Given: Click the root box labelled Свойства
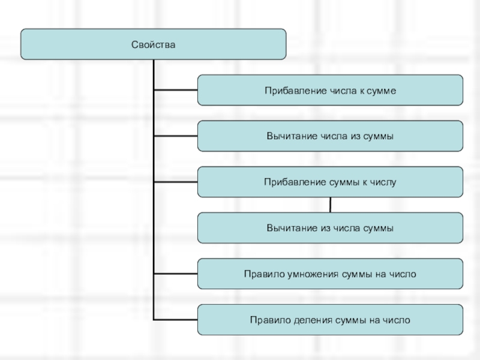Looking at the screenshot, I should [x=154, y=44].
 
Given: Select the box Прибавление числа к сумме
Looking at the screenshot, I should [x=330, y=90].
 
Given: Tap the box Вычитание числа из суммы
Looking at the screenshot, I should [x=330, y=136].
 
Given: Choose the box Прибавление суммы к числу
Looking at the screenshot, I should [x=330, y=182].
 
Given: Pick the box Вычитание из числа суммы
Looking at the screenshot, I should [x=330, y=228].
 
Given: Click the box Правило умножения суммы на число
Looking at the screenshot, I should [x=330, y=274].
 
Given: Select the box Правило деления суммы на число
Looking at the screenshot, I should [x=330, y=320].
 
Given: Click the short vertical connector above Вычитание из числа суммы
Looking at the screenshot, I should [x=331, y=205].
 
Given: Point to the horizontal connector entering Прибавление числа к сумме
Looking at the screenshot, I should [x=176, y=90].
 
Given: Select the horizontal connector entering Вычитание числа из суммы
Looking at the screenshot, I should [x=176, y=136].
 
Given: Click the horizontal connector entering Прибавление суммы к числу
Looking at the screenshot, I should [x=176, y=182].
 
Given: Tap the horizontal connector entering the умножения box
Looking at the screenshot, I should [x=176, y=274].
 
